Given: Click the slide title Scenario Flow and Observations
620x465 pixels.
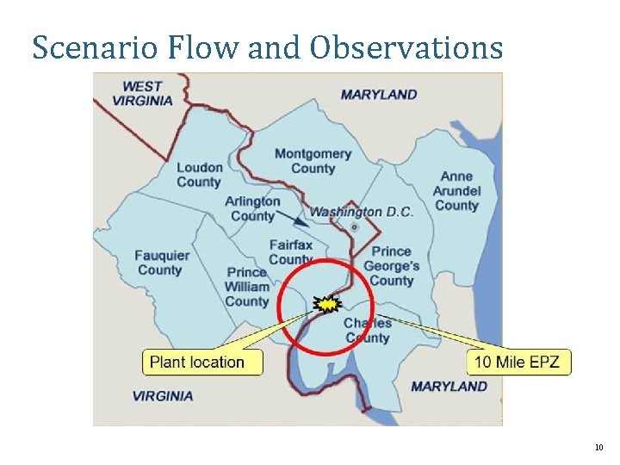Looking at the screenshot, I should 267,47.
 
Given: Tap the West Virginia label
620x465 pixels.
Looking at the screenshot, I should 143,93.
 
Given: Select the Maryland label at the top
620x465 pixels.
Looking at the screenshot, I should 379,95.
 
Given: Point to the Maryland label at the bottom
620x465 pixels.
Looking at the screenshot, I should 449,387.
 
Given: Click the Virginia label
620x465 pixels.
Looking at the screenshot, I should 163,396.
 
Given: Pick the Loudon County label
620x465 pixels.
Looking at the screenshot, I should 199,175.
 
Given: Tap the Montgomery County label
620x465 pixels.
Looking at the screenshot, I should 313,161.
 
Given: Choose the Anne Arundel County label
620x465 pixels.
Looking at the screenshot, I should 456,191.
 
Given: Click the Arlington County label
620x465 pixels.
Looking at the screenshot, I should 252,208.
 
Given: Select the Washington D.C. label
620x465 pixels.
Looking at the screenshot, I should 361,212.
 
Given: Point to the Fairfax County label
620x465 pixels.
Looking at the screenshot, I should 290,252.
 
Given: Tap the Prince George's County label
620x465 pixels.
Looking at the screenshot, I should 392,266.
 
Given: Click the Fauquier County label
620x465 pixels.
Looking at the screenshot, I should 161,263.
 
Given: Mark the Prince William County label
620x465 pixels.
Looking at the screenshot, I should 247,287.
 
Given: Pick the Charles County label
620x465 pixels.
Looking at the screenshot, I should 368,331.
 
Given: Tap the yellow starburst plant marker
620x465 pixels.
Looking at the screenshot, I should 328,303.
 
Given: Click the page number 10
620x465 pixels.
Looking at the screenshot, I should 598,448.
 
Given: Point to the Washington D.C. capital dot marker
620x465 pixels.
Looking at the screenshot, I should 355,227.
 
